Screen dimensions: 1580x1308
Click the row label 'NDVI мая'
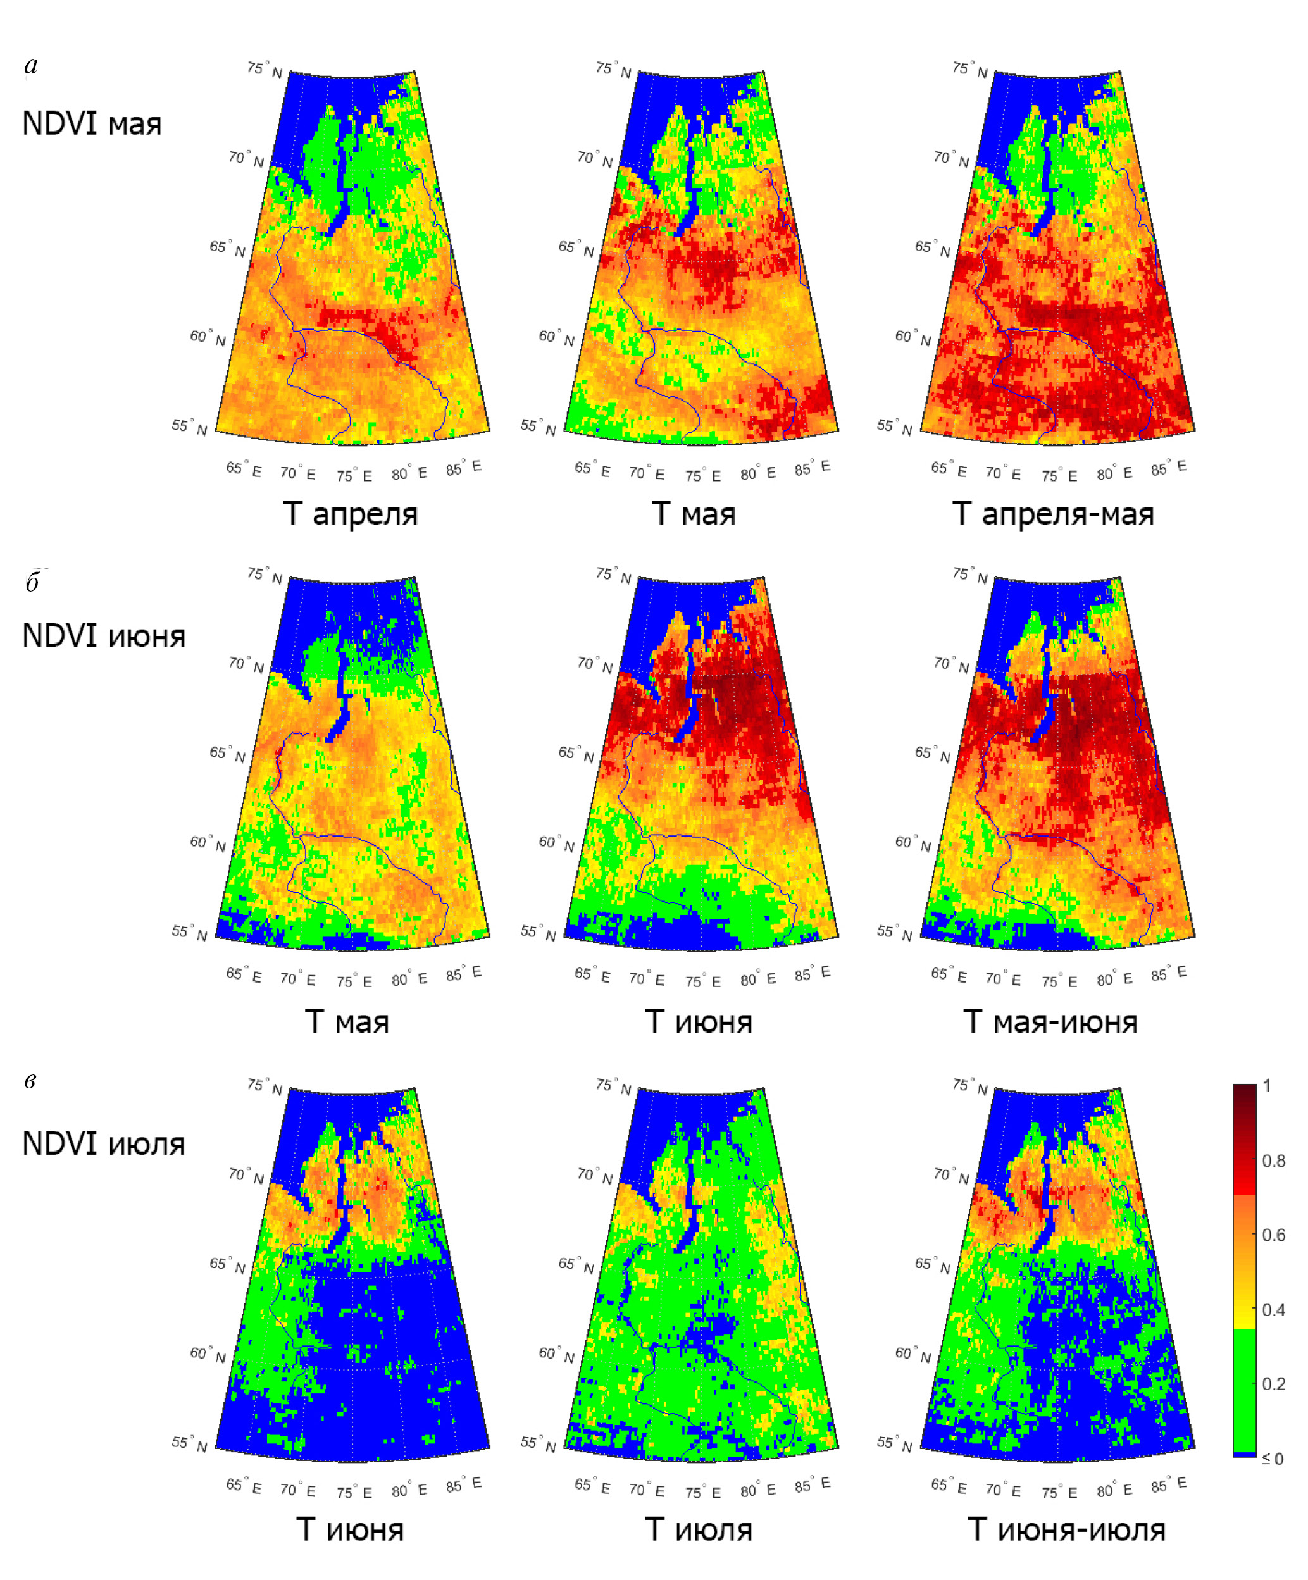click(92, 123)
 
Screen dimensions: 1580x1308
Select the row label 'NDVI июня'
click(104, 636)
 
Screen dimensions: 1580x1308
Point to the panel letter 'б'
click(32, 582)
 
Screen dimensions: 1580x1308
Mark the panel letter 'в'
click(30, 1081)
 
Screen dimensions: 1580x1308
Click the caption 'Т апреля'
click(350, 514)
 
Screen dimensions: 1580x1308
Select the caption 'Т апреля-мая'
click(1053, 514)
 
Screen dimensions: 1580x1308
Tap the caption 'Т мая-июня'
click(1050, 1022)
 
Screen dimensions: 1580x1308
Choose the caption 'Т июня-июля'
click(1066, 1529)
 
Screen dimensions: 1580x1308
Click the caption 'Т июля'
click(699, 1529)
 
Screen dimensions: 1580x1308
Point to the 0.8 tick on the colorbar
click(1273, 1161)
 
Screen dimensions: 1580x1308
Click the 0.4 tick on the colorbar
click(1273, 1310)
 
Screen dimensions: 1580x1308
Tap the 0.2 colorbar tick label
click(1273, 1384)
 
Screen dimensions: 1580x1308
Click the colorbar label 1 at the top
click(1268, 1086)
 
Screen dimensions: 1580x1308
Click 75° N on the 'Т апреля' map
click(265, 70)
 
